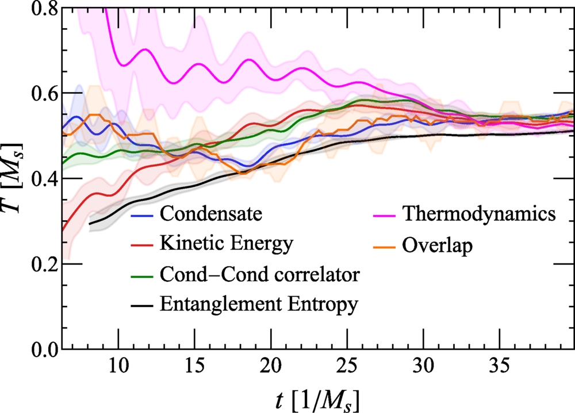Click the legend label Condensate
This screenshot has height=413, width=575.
pyautogui.click(x=212, y=214)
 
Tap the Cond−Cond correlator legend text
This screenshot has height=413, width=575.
pyautogui.click(x=260, y=274)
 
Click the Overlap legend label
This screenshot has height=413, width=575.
pyautogui.click(x=438, y=244)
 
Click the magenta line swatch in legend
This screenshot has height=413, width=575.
pyautogui.click(x=385, y=215)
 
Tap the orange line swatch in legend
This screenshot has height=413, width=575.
pyautogui.click(x=385, y=244)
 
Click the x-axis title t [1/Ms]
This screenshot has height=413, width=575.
pyautogui.click(x=316, y=397)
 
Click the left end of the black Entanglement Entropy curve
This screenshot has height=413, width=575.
pyautogui.click(x=90, y=224)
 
